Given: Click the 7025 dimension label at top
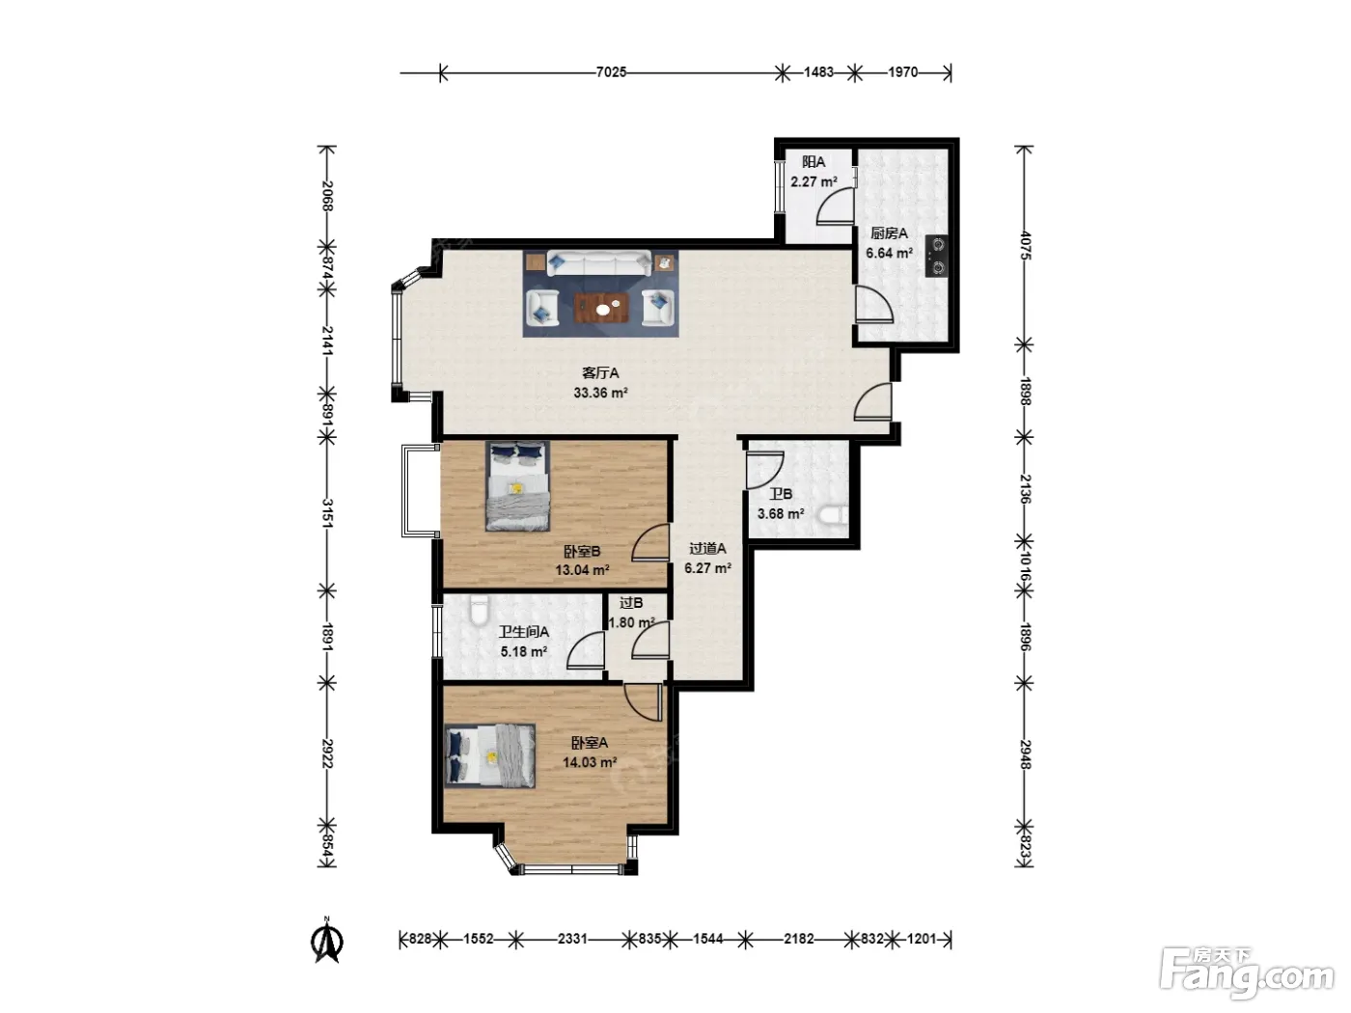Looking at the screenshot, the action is [x=611, y=72].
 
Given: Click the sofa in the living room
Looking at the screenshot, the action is [x=599, y=263].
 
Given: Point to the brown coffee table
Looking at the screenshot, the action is [x=601, y=308].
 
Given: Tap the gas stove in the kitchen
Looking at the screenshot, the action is [x=937, y=257].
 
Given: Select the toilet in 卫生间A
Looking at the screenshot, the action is [x=479, y=609].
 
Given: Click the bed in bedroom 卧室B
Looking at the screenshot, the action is [x=517, y=486].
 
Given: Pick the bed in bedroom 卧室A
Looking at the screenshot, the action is [x=490, y=756].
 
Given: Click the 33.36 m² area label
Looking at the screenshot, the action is [x=601, y=393].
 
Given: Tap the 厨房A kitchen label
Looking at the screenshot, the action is [x=889, y=233].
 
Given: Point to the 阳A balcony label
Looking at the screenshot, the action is [x=813, y=162].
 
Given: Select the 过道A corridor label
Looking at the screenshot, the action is [x=707, y=548].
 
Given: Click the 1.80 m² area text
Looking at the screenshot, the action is [x=631, y=622].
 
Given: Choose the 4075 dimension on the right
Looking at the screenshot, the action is [x=1024, y=245].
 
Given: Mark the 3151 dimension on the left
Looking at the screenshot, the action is [x=327, y=513].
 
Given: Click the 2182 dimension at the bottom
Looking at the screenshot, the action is [x=798, y=939].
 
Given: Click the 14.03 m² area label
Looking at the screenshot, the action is [x=590, y=762].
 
